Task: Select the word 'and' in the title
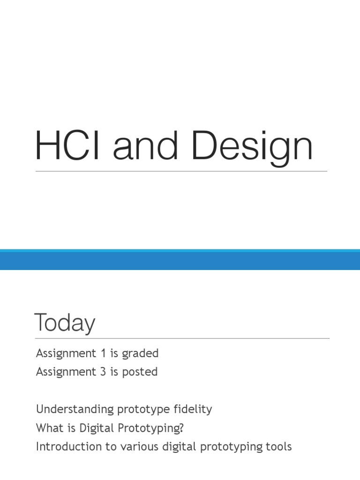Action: point(145,146)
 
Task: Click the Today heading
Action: point(65,323)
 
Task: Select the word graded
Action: point(140,353)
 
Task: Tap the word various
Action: point(136,447)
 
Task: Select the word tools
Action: point(278,447)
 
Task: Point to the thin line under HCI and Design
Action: point(181,171)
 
